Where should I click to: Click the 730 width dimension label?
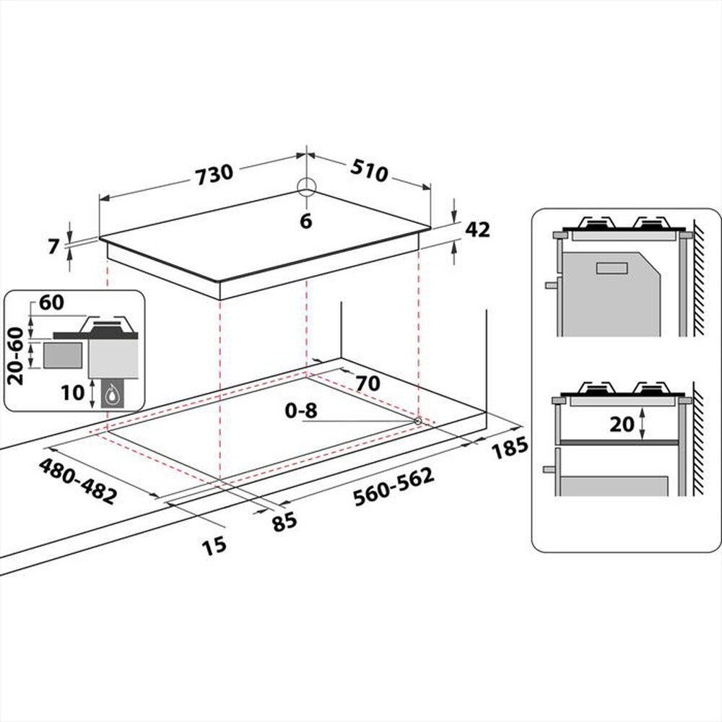click(214, 173)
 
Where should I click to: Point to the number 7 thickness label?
click(52, 246)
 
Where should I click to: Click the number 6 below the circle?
click(306, 222)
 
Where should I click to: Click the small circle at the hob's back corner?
click(306, 187)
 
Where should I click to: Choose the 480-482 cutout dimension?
click(78, 480)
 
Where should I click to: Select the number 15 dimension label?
click(214, 545)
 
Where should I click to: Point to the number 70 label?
click(367, 383)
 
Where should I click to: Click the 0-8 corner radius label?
click(301, 412)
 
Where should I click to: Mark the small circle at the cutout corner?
click(417, 419)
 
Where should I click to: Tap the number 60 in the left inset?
click(51, 303)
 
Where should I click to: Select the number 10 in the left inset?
click(74, 394)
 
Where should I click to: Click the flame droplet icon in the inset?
click(111, 394)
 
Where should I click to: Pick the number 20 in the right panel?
click(621, 425)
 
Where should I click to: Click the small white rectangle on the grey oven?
click(613, 269)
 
